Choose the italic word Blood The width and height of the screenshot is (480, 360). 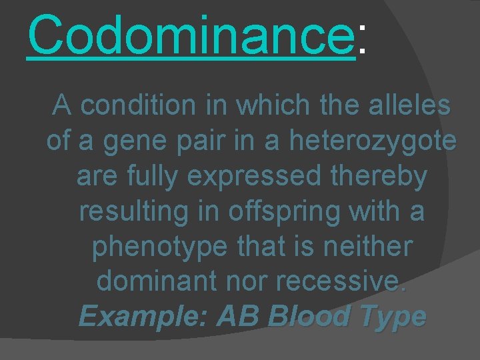[309, 316]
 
